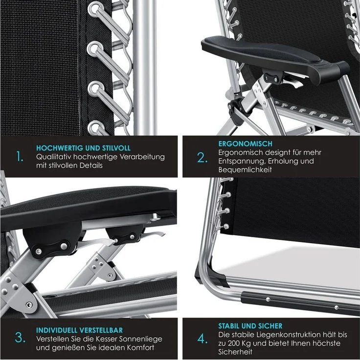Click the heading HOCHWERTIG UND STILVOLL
(83, 148)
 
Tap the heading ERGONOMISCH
(245, 144)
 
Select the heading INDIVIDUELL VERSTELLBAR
(79, 330)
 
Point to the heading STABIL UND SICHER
(250, 326)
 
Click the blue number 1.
(20, 157)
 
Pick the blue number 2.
(202, 157)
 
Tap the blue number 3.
(20, 338)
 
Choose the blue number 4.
(202, 339)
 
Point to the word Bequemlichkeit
(245, 170)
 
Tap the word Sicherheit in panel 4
(235, 352)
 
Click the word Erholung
(282, 161)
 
